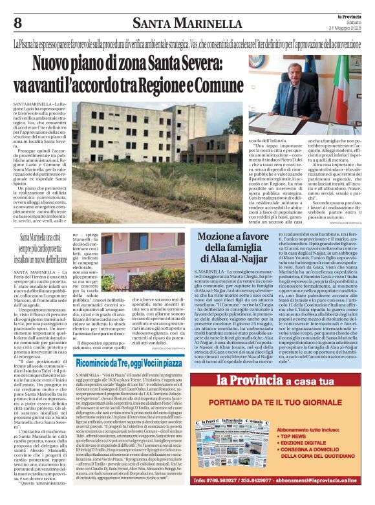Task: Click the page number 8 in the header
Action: coord(17,24)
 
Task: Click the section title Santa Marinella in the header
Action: coord(187,25)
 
